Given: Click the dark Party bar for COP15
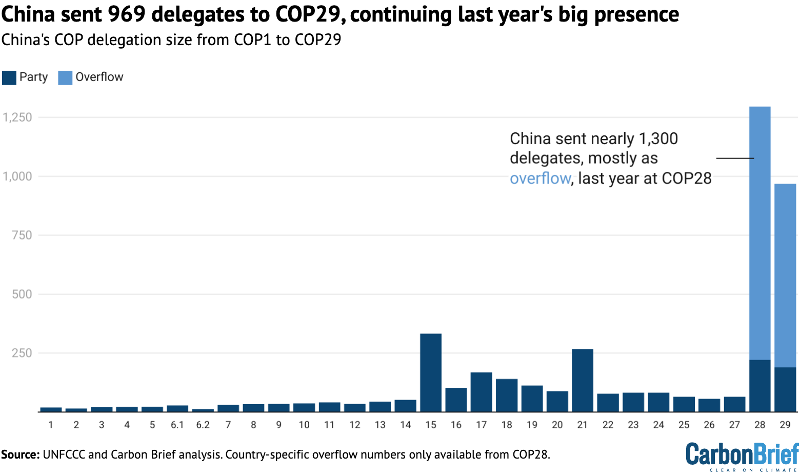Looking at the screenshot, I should click(430, 372).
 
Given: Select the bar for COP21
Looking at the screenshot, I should click(582, 380).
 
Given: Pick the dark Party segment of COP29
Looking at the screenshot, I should click(785, 389).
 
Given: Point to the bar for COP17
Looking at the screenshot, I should click(481, 392).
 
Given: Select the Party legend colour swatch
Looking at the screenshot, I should click(9, 77).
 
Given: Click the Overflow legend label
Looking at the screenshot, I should click(99, 77).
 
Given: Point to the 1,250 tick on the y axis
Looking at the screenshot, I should click(17, 117).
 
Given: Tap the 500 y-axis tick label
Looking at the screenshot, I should click(22, 294).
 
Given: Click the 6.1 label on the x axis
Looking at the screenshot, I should click(177, 425).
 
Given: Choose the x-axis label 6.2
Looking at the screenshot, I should click(203, 425).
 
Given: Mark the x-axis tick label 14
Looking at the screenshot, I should click(405, 425).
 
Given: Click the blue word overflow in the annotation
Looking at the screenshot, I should click(539, 179).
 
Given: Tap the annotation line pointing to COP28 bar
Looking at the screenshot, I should click(734, 158).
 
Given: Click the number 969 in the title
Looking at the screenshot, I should click(127, 14).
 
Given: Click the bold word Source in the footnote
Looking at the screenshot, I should click(20, 454).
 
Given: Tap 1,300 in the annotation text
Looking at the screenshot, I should click(658, 139).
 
